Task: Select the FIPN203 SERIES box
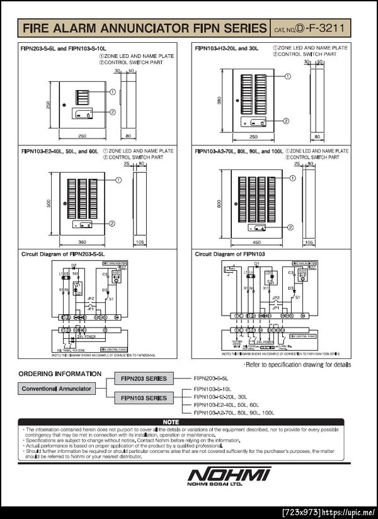[x=144, y=378]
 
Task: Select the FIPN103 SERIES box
[x=144, y=397]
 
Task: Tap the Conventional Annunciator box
[x=57, y=389]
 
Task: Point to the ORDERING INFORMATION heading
[x=60, y=374]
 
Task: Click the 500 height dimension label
[x=49, y=203]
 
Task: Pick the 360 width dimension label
[x=81, y=242]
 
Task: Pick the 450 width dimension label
[x=256, y=242]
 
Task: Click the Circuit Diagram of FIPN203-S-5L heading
[x=61, y=254]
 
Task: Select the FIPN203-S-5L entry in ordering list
[x=211, y=378]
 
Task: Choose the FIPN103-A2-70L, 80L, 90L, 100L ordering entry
[x=234, y=413]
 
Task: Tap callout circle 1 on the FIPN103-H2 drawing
[x=287, y=76]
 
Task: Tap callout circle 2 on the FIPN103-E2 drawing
[x=112, y=223]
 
